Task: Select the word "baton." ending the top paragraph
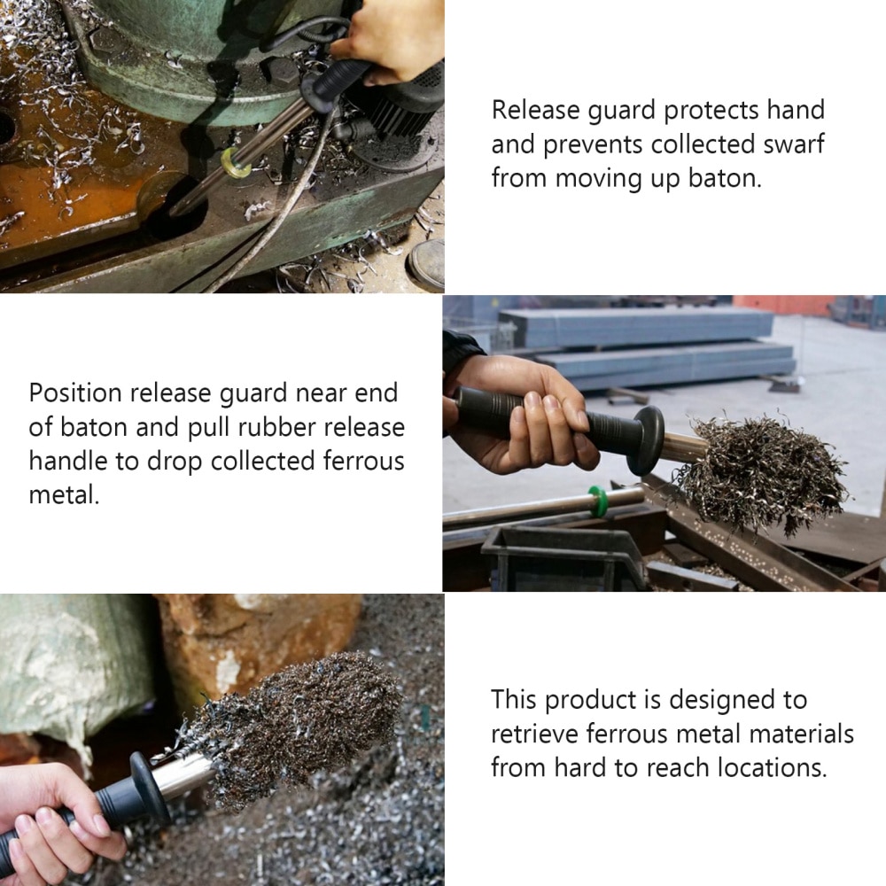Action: point(724,178)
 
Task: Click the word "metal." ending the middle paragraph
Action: point(64,494)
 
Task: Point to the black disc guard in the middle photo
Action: point(646,439)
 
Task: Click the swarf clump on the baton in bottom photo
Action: point(301,718)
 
